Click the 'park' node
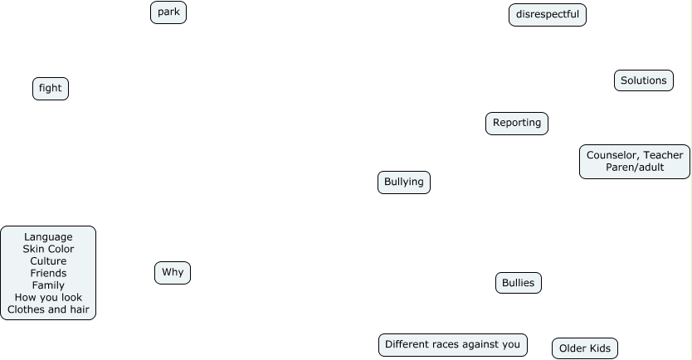tap(168, 12)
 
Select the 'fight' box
tap(51, 89)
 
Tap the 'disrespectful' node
tap(548, 15)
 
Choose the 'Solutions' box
tap(644, 80)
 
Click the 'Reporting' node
tap(517, 124)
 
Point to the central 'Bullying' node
tap(404, 182)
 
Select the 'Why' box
tap(173, 273)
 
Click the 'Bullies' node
tap(519, 284)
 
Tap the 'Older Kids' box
tap(585, 348)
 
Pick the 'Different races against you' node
tap(453, 345)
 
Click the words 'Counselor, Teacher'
tap(635, 155)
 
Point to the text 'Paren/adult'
tap(635, 168)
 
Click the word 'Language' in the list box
tap(48, 237)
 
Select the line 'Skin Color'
tap(48, 249)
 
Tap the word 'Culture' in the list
tap(48, 261)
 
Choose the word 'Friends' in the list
tap(48, 273)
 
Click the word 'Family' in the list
tap(48, 285)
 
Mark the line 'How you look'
tap(48, 298)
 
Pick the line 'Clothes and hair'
tap(48, 309)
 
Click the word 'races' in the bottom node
tap(453, 345)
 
